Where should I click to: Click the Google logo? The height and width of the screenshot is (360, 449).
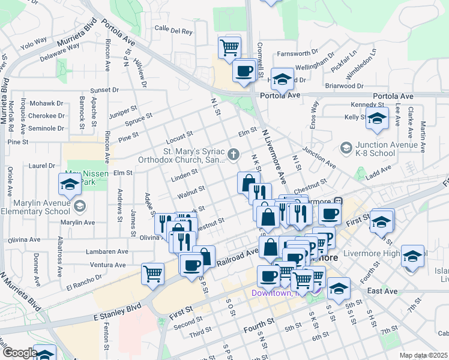pos(20,353)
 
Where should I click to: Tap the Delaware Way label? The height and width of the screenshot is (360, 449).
pos(60,55)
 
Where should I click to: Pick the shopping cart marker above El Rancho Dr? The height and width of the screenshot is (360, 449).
pos(153,274)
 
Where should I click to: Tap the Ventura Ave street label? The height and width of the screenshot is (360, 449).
pos(109,265)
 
